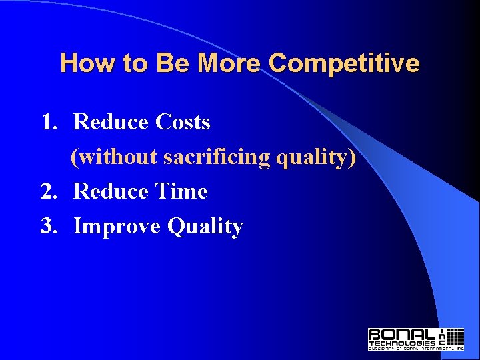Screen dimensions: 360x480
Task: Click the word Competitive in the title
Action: click(x=344, y=64)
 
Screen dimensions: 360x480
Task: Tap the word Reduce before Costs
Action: click(x=111, y=123)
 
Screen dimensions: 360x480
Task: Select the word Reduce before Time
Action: click(x=111, y=192)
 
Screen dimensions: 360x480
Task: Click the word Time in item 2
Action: click(x=181, y=192)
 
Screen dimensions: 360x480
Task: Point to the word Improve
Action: click(x=117, y=227)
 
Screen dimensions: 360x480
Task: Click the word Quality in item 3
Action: click(x=205, y=227)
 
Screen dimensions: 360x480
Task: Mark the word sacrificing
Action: click(x=217, y=157)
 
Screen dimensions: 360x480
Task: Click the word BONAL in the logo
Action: click(x=402, y=334)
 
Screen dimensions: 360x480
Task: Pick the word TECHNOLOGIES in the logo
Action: click(x=402, y=342)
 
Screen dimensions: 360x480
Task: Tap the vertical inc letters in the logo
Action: click(x=443, y=337)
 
